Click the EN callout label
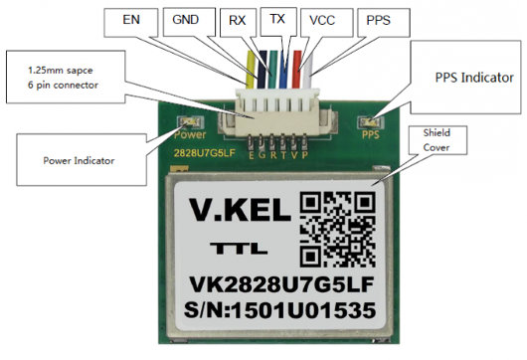[x=131, y=20]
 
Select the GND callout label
[x=186, y=20]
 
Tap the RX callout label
[x=238, y=20]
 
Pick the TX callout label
[x=277, y=19]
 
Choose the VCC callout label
[x=322, y=20]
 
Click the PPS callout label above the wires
[x=379, y=20]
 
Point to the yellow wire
[x=251, y=70]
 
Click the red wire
[x=296, y=70]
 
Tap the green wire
[x=272, y=70]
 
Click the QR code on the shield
[x=337, y=230]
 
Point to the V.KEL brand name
[x=240, y=210]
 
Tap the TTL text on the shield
[x=239, y=248]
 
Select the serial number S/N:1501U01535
[x=279, y=310]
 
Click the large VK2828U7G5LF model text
[x=281, y=284]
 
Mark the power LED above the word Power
[x=191, y=122]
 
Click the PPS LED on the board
[x=371, y=122]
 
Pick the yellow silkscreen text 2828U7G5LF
[x=205, y=153]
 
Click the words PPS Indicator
[x=474, y=78]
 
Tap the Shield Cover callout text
[x=437, y=140]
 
